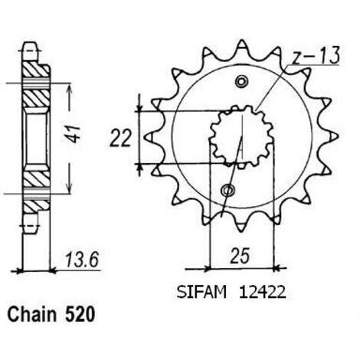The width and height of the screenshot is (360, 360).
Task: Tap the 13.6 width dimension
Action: (x=82, y=260)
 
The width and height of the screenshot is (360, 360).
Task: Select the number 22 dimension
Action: (x=120, y=138)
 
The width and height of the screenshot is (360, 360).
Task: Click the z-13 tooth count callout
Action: (x=316, y=55)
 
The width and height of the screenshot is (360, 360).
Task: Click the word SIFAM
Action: (x=201, y=292)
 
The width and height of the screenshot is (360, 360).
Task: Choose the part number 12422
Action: (x=262, y=292)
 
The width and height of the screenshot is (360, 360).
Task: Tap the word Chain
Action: (x=32, y=314)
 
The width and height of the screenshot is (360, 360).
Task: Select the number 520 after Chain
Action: (x=80, y=314)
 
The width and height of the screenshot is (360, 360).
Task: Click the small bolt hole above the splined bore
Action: (x=241, y=82)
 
